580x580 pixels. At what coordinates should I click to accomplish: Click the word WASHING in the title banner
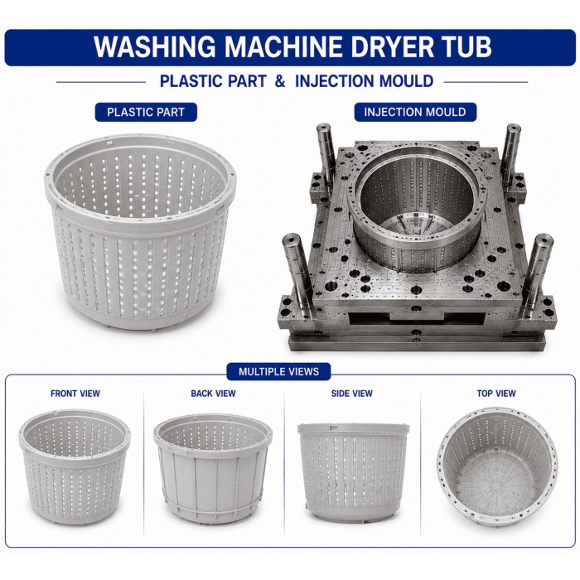[154, 47]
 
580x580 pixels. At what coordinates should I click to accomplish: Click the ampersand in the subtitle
[280, 81]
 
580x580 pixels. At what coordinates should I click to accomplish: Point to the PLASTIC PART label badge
[146, 112]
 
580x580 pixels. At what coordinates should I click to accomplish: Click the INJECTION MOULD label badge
[415, 112]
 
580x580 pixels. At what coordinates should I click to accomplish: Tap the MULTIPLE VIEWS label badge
[278, 371]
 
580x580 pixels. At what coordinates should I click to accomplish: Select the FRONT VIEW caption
[75, 394]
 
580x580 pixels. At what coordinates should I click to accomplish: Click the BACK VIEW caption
[214, 394]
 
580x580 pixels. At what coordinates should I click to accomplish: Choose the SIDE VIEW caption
[352, 394]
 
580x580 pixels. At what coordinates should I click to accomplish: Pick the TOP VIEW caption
[496, 394]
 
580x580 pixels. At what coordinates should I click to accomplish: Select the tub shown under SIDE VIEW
[353, 473]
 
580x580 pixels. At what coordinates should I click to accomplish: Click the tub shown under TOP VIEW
[497, 466]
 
